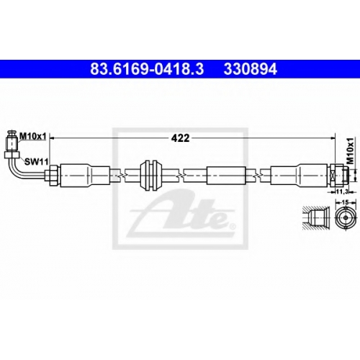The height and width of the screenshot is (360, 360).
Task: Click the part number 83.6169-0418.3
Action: (x=147, y=69)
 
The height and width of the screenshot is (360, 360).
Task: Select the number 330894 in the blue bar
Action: (x=251, y=69)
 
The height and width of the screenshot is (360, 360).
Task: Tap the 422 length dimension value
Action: (x=180, y=138)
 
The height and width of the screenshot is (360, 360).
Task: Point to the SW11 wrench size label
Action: (x=37, y=161)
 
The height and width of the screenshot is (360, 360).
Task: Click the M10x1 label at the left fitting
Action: (x=32, y=137)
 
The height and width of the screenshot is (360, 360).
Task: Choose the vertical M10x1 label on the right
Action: (x=351, y=151)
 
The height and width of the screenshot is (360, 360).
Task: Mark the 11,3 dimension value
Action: (x=342, y=192)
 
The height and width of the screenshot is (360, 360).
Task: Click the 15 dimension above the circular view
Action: (x=346, y=202)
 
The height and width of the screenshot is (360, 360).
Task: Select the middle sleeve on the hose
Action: (x=226, y=176)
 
